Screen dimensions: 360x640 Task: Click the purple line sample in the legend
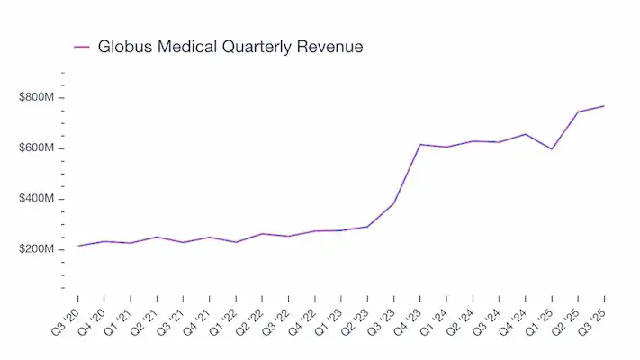[81, 47]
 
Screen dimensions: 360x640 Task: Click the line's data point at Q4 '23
[420, 144]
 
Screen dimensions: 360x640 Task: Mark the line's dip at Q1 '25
[552, 148]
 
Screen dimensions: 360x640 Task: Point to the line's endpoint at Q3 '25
[604, 106]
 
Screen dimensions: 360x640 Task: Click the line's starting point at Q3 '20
[78, 246]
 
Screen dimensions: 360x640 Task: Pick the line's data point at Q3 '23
[393, 203]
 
